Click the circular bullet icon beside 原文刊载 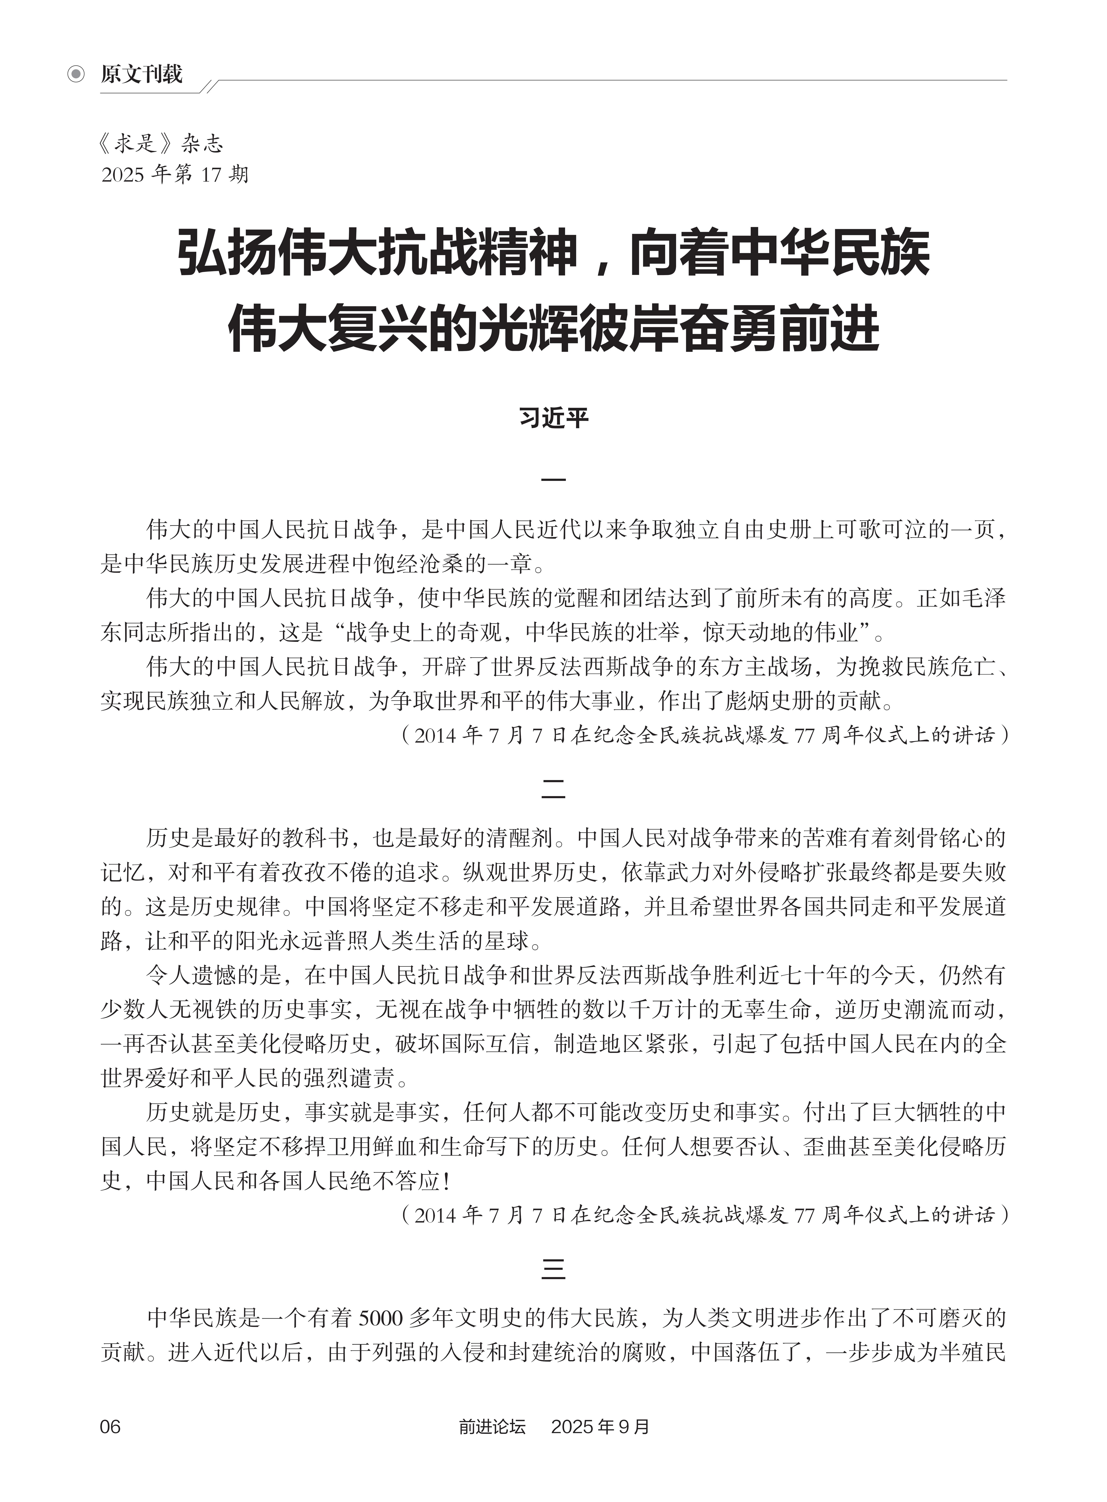pos(76,74)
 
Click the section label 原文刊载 pos(141,74)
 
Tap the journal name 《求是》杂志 pos(161,143)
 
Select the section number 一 pos(553,480)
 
